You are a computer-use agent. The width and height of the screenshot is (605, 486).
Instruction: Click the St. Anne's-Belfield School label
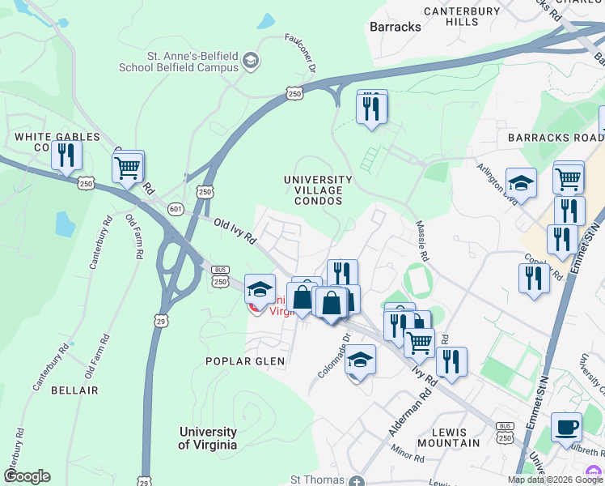pyautogui.click(x=179, y=62)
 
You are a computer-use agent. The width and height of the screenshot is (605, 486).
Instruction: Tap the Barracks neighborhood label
pyautogui.click(x=396, y=27)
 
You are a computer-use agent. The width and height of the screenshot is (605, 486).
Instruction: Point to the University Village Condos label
pyautogui.click(x=318, y=190)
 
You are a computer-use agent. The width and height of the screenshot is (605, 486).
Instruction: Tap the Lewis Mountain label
pyautogui.click(x=455, y=437)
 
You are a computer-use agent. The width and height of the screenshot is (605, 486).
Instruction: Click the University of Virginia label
pyautogui.click(x=208, y=438)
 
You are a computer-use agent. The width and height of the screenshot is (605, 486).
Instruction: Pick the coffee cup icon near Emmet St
pyautogui.click(x=566, y=426)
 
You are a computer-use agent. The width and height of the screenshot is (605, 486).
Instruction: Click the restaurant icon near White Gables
pyautogui.click(x=66, y=155)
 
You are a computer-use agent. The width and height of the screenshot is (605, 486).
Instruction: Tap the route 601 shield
pyautogui.click(x=176, y=210)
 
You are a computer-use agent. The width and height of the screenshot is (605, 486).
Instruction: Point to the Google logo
pyautogui.click(x=27, y=476)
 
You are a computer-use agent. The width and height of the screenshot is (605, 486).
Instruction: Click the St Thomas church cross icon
pyautogui.click(x=357, y=481)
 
